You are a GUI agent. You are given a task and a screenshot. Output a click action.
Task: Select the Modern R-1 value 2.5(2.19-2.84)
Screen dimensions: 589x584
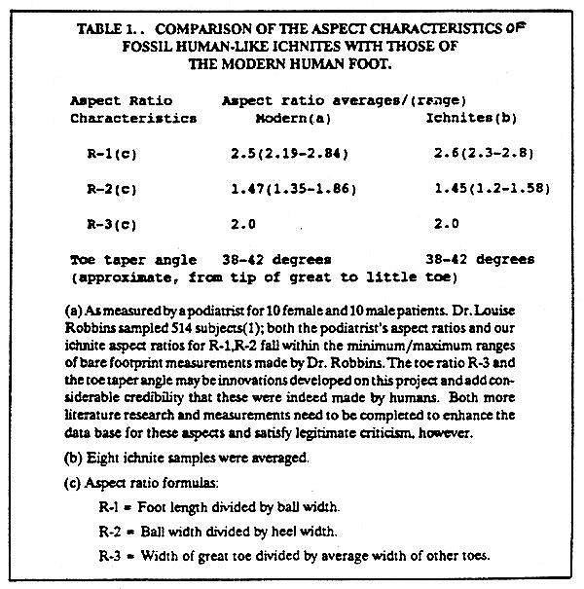(290, 153)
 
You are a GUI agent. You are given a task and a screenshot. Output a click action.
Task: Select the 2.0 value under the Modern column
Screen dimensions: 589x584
(243, 223)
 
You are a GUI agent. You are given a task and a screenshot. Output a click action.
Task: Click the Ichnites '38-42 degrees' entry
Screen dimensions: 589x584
(480, 260)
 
